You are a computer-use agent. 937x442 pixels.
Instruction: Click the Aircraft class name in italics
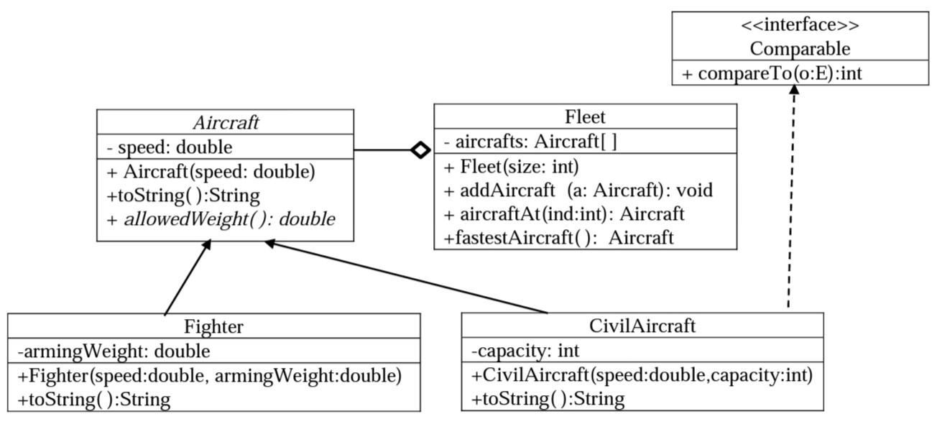[x=226, y=122]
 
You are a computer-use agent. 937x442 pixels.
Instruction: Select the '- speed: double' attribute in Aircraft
[x=170, y=147]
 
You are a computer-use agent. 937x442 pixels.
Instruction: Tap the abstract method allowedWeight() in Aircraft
[x=221, y=219]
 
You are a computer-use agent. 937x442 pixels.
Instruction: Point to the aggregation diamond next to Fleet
[x=420, y=150]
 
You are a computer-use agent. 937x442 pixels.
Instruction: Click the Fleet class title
[x=585, y=116]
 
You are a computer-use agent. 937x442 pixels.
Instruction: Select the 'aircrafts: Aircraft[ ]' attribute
[x=530, y=142]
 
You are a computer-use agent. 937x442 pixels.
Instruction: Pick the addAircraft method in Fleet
[x=578, y=190]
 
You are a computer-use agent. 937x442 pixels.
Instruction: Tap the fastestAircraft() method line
[x=559, y=237]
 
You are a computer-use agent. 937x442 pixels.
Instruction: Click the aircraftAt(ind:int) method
[x=564, y=213]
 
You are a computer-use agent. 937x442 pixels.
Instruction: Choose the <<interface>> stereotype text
[x=800, y=25]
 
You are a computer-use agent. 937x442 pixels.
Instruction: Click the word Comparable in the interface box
[x=800, y=48]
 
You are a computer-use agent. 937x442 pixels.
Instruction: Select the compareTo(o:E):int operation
[x=778, y=73]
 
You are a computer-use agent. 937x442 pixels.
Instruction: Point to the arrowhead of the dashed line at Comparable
[x=794, y=90]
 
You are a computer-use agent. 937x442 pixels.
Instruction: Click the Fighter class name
[x=214, y=326]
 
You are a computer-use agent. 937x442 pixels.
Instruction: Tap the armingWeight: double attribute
[x=114, y=351]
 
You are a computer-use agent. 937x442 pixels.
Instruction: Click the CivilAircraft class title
[x=642, y=326]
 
